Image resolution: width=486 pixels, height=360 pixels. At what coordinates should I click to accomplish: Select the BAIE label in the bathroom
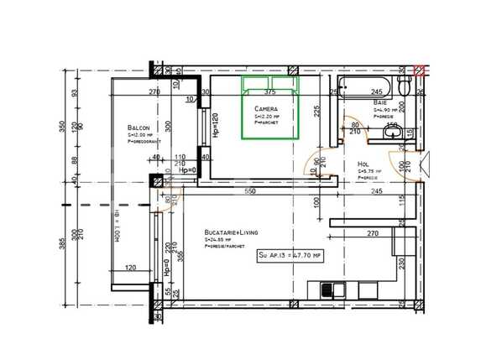pyautogui.click(x=381, y=102)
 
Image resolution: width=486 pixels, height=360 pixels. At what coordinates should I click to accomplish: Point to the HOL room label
pyautogui.click(x=363, y=164)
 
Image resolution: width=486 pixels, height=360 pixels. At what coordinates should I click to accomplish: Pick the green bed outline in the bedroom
pyautogui.click(x=269, y=107)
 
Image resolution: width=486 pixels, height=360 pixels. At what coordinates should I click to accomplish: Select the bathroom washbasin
pyautogui.click(x=390, y=132)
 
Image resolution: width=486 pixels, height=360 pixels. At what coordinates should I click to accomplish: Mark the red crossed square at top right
pyautogui.click(x=419, y=70)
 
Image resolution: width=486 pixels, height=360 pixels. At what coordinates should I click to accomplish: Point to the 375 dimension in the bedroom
pyautogui.click(x=269, y=91)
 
